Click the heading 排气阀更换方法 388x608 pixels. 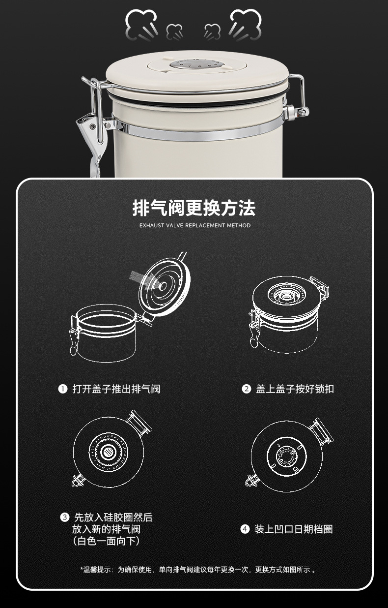194,208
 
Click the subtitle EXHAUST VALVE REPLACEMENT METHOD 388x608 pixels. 194,226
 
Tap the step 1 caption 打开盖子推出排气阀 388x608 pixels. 116,389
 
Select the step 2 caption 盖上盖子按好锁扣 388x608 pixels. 295,389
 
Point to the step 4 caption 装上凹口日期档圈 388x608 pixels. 293,529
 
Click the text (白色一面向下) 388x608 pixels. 106,541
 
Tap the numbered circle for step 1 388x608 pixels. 63,389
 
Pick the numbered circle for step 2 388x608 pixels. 247,389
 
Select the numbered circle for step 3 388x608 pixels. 64,517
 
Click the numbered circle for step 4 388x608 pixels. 245,529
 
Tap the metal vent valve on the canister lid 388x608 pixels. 195,64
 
